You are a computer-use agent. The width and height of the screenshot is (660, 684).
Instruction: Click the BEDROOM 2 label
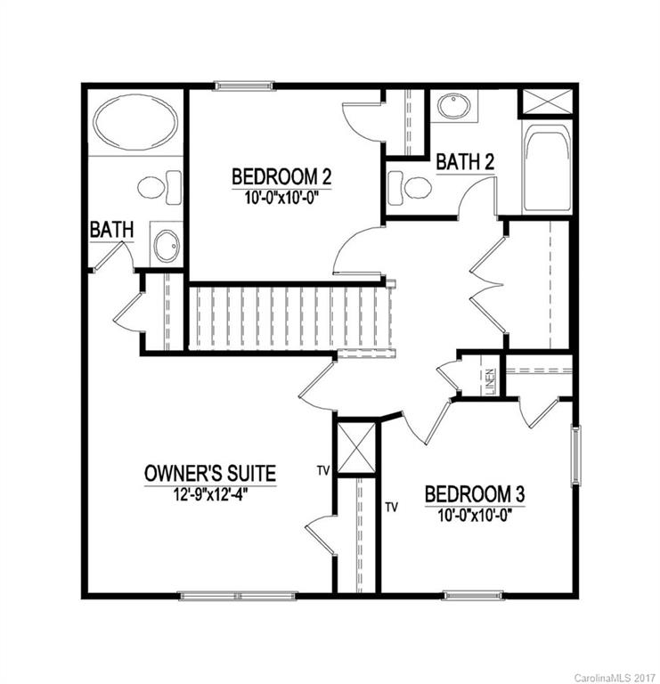click(x=281, y=175)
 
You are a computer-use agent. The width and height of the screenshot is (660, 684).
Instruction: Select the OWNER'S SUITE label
click(x=209, y=474)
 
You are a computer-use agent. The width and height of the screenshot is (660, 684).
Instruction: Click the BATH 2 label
click(x=465, y=163)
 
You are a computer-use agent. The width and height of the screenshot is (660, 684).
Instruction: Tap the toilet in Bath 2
click(x=411, y=188)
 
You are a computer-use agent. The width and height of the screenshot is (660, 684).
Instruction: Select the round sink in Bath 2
click(x=455, y=106)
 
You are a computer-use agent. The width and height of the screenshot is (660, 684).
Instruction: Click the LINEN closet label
click(x=490, y=381)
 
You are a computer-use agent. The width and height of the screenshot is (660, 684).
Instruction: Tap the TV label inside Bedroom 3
click(x=390, y=507)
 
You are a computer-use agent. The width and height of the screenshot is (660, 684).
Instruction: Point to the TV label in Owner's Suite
click(x=324, y=468)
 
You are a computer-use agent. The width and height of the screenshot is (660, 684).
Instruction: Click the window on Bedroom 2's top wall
click(x=241, y=86)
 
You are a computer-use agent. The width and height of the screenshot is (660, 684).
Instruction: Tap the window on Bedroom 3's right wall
click(x=575, y=455)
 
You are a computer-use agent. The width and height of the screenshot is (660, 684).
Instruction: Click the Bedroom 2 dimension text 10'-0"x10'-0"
click(x=281, y=195)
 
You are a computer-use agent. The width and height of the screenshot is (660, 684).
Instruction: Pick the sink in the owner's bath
click(x=166, y=245)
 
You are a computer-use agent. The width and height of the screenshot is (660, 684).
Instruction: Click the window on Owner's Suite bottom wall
click(x=224, y=595)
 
